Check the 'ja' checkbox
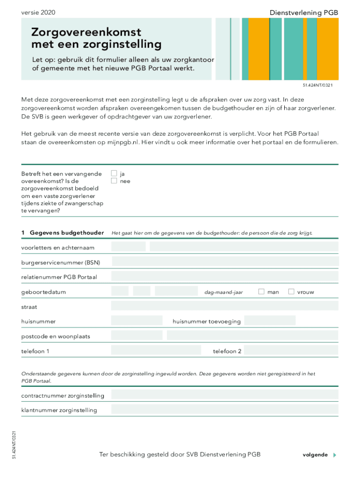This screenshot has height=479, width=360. (114, 174)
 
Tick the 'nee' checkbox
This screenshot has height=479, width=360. (114, 181)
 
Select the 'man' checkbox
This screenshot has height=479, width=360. (261, 291)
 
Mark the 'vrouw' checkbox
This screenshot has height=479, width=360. (291, 291)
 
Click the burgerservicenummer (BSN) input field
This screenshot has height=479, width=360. (224, 262)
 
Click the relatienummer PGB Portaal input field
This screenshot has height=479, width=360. (224, 276)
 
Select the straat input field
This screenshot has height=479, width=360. (224, 306)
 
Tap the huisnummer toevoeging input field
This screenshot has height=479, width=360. (270, 321)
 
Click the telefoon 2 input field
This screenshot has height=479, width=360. (290, 350)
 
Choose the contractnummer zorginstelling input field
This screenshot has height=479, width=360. (224, 395)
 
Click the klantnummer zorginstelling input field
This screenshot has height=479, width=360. (224, 410)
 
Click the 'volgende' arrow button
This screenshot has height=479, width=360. (334, 455)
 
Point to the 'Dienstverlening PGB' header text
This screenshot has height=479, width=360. (303, 13)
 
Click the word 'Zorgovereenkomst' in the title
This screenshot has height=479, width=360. (86, 33)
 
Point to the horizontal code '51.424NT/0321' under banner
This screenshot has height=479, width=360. (318, 86)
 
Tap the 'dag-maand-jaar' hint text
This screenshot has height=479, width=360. (223, 292)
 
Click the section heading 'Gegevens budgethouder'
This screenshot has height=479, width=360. (66, 232)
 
